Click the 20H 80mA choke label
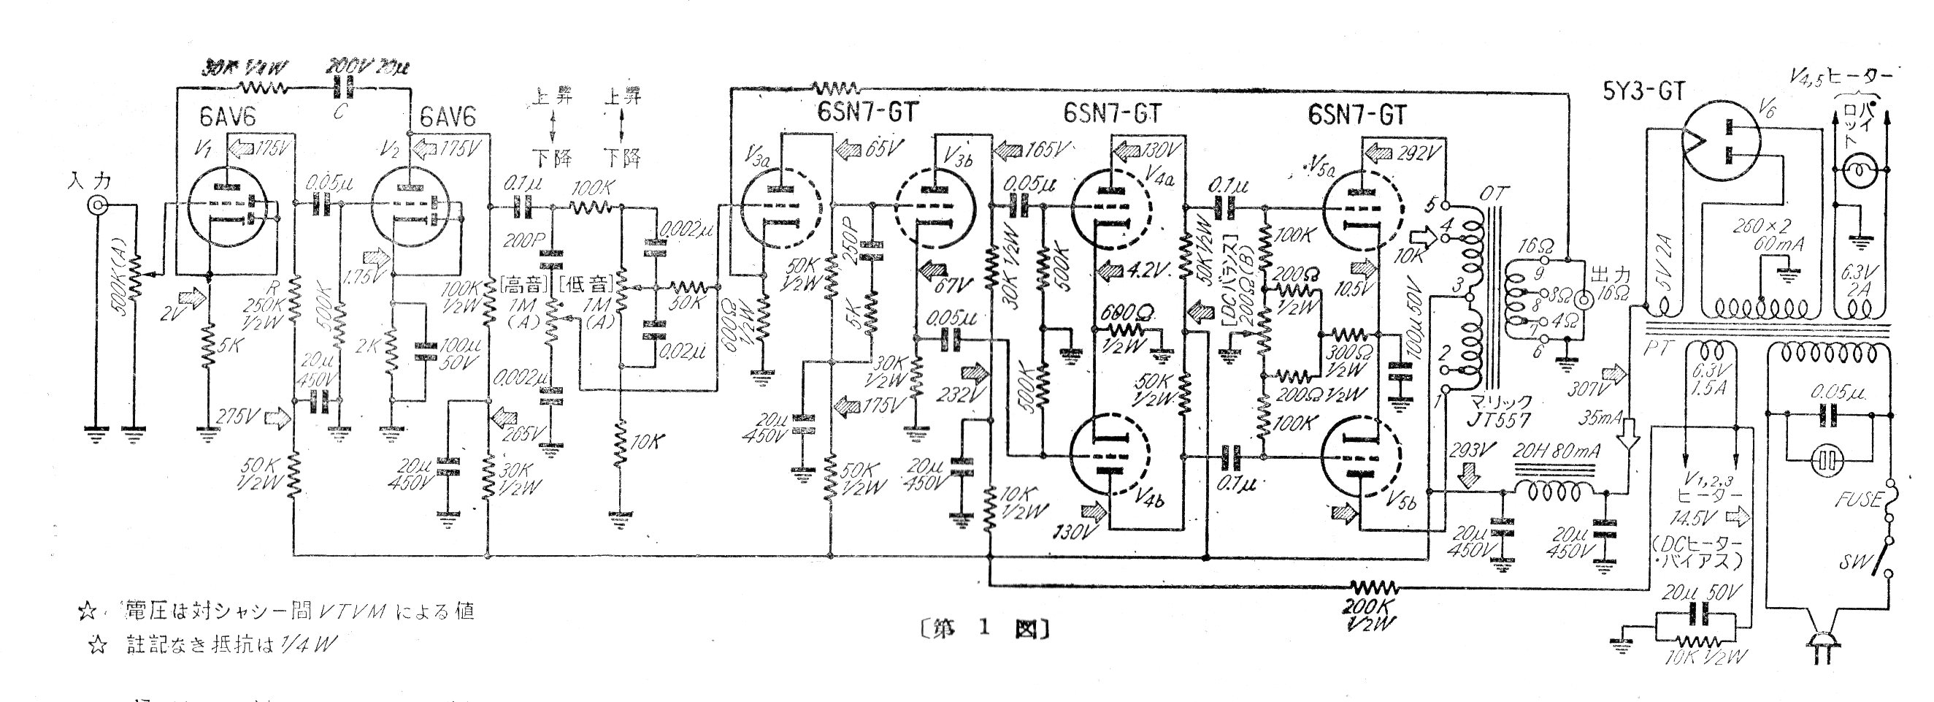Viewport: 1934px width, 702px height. [x=1555, y=451]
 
